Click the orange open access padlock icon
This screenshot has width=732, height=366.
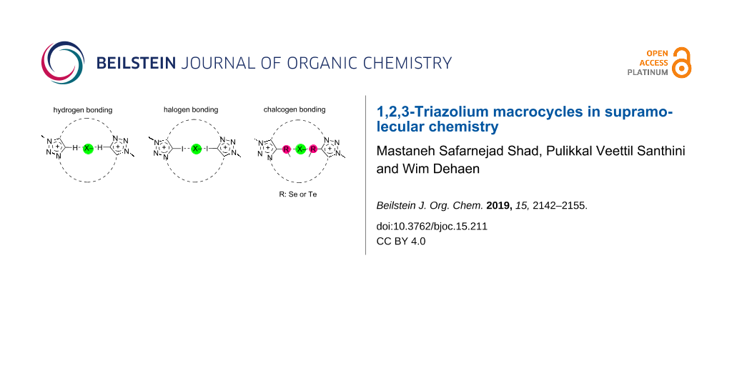(x=682, y=63)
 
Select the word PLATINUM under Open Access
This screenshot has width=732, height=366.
(x=648, y=72)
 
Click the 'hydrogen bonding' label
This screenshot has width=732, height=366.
(x=83, y=110)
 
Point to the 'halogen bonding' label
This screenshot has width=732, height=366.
(x=192, y=110)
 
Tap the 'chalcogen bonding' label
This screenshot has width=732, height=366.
(x=295, y=109)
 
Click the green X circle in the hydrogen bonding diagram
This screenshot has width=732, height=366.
(x=87, y=148)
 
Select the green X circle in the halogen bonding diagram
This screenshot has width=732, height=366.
(x=194, y=149)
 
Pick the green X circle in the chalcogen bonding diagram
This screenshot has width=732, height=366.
(x=300, y=149)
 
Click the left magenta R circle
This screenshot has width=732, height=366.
(x=286, y=149)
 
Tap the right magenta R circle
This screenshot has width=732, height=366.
(x=313, y=149)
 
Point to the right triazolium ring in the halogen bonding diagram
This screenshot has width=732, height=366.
(x=227, y=148)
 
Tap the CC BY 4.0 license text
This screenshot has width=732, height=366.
(x=401, y=241)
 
